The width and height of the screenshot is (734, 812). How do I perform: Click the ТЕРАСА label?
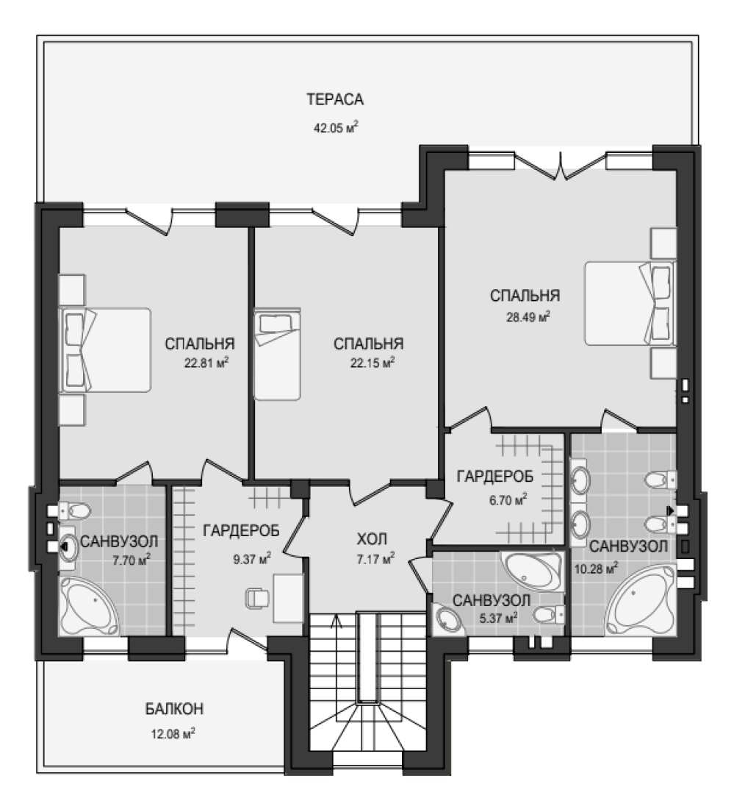(334, 99)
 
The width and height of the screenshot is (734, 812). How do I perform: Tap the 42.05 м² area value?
(336, 127)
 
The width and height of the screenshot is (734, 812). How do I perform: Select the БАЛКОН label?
(174, 708)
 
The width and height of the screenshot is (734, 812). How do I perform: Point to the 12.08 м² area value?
(173, 734)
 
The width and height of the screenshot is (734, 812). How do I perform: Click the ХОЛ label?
(372, 539)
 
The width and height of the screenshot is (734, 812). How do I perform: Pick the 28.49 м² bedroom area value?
(528, 316)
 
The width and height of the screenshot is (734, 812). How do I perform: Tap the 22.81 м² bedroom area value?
(206, 363)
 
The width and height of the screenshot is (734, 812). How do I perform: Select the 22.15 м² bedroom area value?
(373, 363)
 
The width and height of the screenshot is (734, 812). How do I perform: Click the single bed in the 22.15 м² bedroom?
(277, 355)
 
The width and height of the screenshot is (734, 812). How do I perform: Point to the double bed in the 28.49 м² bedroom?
(630, 303)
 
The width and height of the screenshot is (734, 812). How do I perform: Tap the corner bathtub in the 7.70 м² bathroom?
(90, 607)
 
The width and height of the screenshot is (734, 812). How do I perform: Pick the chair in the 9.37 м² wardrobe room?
(257, 598)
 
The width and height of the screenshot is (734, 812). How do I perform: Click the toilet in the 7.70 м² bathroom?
(74, 512)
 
